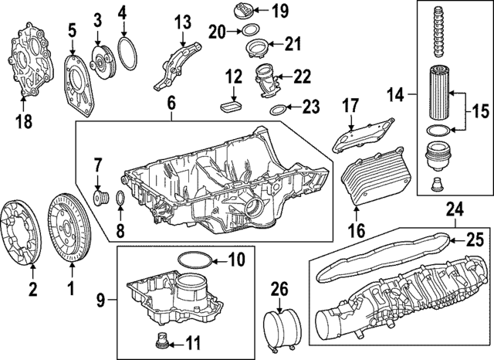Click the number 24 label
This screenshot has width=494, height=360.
pos(455,208)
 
